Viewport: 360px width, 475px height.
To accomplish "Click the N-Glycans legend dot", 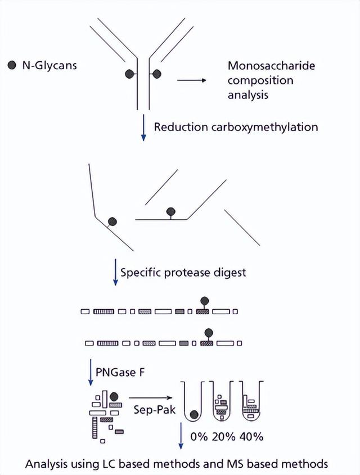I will pyautogui.click(x=12, y=66).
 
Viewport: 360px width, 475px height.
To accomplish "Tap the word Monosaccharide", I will pyautogui.click(x=271, y=66).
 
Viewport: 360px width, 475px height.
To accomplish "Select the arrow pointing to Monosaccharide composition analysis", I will pyautogui.click(x=193, y=81).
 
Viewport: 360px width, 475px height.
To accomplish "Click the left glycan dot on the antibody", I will pyautogui.click(x=129, y=73).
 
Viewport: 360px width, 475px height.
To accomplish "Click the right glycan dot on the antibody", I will pyautogui.click(x=156, y=73).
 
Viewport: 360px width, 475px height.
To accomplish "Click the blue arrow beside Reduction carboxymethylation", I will pyautogui.click(x=143, y=128).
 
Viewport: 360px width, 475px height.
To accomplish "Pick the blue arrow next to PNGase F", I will pyautogui.click(x=89, y=373).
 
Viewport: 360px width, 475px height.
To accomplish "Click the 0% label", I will pyautogui.click(x=198, y=436).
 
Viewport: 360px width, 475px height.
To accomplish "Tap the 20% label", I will pyautogui.click(x=224, y=436).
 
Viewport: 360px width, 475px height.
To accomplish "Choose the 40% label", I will pyautogui.click(x=251, y=436).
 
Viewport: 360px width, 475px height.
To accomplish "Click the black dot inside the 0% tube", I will pyautogui.click(x=193, y=415).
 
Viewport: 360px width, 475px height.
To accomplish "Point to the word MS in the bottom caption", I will pyautogui.click(x=237, y=464).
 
